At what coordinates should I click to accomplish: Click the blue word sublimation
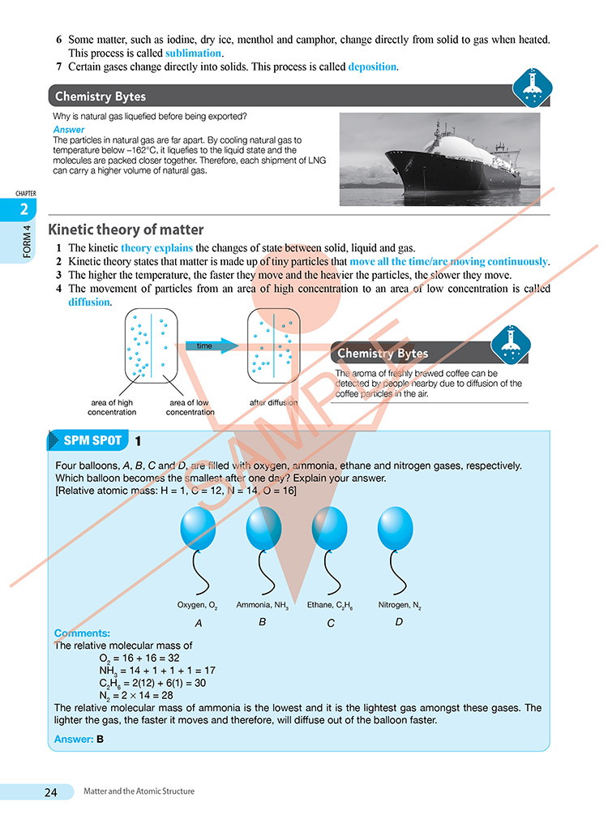193,54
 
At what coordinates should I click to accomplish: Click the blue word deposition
373,67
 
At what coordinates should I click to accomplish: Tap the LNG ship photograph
439,159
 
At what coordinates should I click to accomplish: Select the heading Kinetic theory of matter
126,229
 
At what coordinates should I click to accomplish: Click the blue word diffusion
89,302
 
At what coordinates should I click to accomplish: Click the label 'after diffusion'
273,402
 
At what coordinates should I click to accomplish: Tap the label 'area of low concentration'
190,407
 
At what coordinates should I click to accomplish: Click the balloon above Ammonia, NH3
263,529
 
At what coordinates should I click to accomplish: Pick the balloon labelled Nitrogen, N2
396,529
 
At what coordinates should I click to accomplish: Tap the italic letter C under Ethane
331,623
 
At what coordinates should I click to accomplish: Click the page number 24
51,791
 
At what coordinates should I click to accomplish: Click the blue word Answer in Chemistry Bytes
68,130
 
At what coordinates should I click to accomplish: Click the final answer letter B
101,739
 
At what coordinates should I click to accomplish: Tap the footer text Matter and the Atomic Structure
139,791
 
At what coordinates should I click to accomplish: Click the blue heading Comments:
82,633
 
